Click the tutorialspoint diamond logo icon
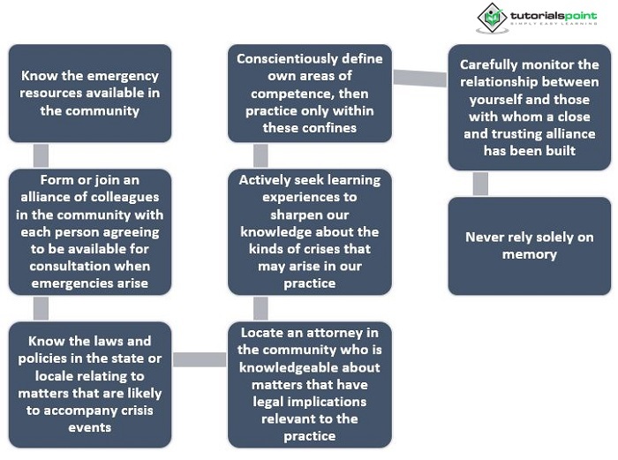[492, 18]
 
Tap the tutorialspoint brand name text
[554, 16]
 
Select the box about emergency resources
[90, 93]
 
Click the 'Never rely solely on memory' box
[530, 246]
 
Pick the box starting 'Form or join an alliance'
[90, 232]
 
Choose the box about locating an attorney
[310, 385]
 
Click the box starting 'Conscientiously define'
[310, 93]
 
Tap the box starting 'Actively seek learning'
[310, 232]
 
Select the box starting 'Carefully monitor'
[530, 107]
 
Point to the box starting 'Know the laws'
[90, 385]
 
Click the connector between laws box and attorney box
[200, 359]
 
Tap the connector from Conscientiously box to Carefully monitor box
[420, 78]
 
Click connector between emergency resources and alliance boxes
[41, 155]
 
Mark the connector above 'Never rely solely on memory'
[480, 184]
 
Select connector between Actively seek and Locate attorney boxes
[260, 309]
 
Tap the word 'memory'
[530, 255]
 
